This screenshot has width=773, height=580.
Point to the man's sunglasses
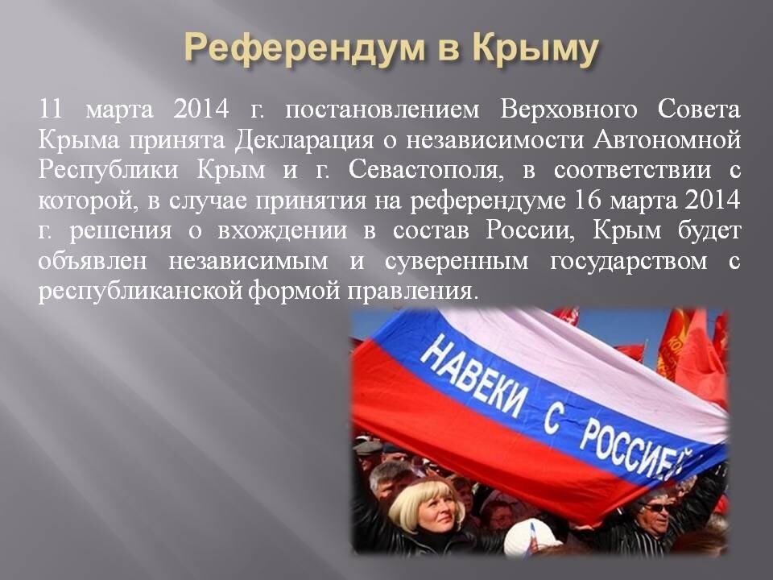coord(659,507)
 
